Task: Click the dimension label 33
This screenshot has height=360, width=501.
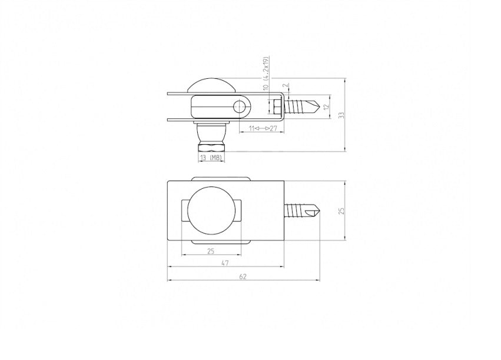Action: tap(341, 115)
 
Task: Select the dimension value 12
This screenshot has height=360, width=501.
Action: tap(326, 107)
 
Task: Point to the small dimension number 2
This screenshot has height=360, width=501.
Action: tap(286, 85)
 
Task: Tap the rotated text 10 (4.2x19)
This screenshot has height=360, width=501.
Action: tap(266, 73)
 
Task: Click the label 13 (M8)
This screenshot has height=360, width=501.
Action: tap(211, 157)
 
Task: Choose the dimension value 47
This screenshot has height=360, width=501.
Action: tap(225, 263)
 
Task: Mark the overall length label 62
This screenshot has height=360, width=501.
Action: tap(243, 276)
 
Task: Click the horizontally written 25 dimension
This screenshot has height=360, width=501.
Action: tap(211, 251)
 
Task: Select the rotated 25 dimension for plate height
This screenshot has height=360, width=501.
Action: tap(341, 211)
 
